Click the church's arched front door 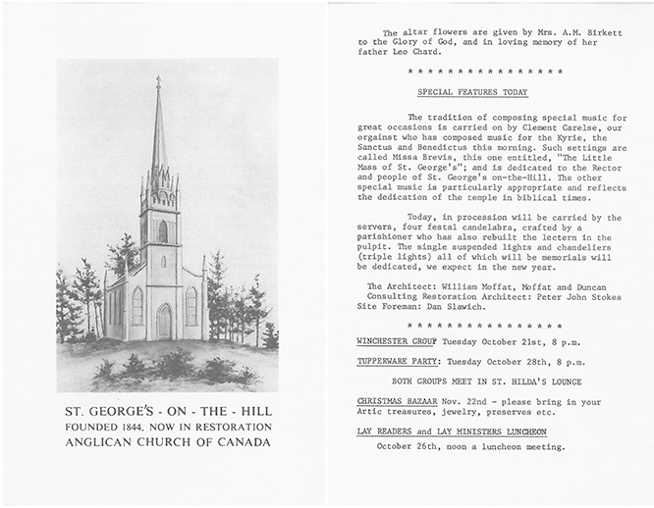point(165,321)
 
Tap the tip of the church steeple point(157,78)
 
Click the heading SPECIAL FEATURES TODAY point(472,92)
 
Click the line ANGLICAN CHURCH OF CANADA point(164,442)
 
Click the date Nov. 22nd point(466,401)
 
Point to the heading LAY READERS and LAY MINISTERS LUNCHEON point(451,432)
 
